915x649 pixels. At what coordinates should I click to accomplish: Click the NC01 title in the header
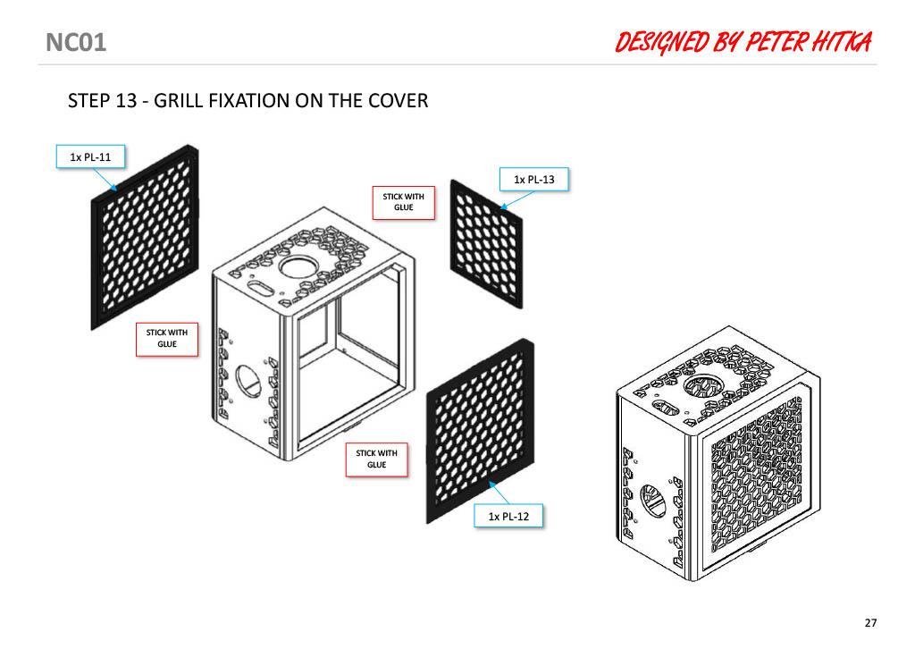pos(76,43)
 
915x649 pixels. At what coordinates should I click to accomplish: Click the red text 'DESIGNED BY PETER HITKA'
pos(743,43)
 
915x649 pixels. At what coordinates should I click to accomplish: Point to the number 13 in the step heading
pos(126,101)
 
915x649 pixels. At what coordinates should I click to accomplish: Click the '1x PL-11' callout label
pos(90,157)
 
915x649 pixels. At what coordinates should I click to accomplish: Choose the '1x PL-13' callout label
pos(534,179)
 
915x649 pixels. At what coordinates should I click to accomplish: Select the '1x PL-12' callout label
pos(508,516)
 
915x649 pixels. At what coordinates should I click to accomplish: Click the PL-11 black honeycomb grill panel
pos(145,237)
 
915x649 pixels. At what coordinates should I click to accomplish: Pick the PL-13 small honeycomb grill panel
pos(486,244)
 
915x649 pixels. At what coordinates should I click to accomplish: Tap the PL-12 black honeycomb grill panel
pos(480,431)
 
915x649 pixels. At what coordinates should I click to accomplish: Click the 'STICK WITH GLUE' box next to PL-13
pos(404,203)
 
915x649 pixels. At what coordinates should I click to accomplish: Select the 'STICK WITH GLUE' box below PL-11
pos(167,339)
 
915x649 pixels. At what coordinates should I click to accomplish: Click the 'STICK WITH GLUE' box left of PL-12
pos(376,459)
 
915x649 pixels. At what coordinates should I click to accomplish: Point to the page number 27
pos(870,623)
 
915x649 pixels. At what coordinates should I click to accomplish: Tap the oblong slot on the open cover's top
pos(260,288)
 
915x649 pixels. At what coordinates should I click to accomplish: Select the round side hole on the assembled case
pos(653,501)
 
